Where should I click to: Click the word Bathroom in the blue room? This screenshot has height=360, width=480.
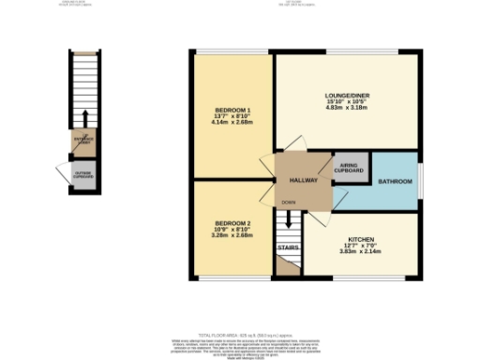[395, 180]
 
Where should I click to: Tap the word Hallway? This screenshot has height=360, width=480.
[303, 179]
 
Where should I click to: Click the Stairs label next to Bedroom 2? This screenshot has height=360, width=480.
[288, 247]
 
